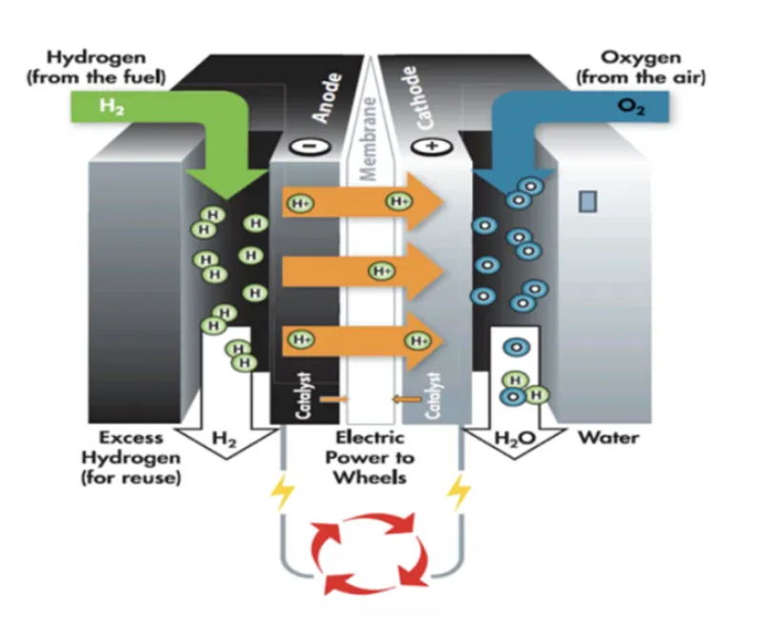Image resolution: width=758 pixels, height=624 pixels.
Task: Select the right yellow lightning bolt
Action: pos(460,492)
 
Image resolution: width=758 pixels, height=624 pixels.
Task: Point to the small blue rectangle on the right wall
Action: pos(588,201)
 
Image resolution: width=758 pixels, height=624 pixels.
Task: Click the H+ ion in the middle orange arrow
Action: pos(381,271)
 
